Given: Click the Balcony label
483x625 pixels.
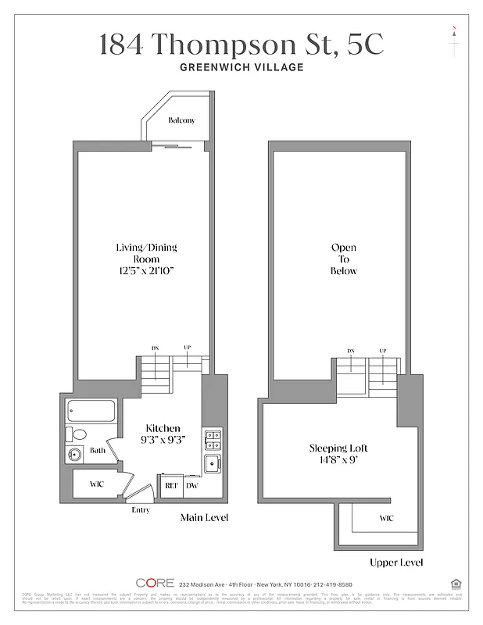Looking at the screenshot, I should click(181, 120).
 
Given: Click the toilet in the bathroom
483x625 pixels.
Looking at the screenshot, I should click(78, 434).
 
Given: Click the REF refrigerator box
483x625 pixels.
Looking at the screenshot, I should click(170, 485).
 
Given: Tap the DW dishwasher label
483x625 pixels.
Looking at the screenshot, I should click(191, 485).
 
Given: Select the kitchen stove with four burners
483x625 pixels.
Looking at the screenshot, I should click(212, 440).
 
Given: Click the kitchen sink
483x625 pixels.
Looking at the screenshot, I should click(212, 465).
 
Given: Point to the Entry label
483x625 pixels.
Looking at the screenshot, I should click(141, 510).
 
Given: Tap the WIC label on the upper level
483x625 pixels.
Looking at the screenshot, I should click(386, 517).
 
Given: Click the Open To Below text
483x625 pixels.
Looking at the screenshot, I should click(344, 259).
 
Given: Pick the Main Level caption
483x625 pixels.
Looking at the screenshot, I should click(205, 517).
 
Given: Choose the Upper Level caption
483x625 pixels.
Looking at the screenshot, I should click(396, 562).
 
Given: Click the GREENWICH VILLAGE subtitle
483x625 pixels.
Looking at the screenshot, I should click(241, 67).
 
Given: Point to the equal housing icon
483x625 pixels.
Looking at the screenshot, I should click(456, 582).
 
